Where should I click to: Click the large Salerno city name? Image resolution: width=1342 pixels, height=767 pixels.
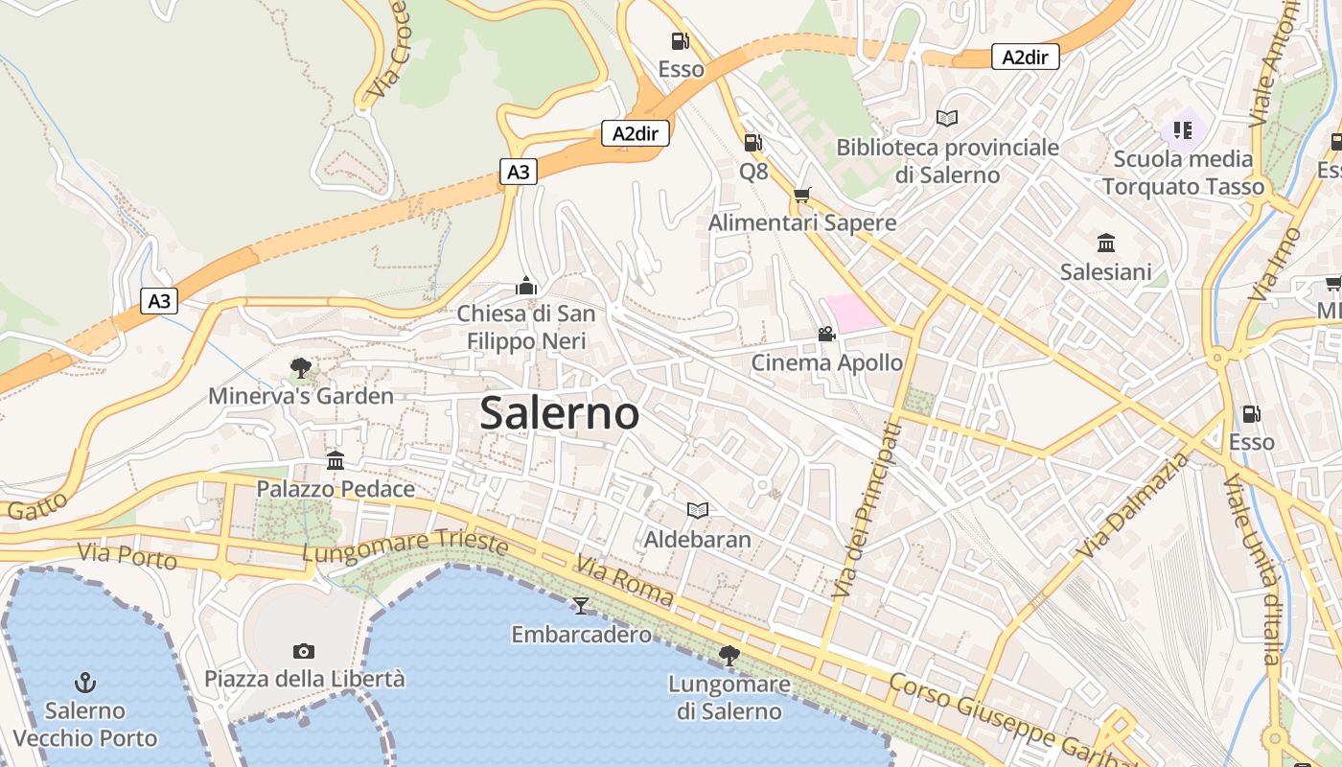click(x=560, y=413)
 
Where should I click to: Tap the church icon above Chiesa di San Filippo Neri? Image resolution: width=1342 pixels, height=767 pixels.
click(x=525, y=286)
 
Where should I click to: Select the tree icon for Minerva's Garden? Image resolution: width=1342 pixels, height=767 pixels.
click(x=300, y=367)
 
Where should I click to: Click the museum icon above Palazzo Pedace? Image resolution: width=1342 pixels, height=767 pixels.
click(x=335, y=460)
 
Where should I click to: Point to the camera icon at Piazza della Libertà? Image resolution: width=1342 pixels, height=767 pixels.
click(x=304, y=651)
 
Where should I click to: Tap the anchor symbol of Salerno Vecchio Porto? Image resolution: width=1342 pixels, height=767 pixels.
click(x=86, y=683)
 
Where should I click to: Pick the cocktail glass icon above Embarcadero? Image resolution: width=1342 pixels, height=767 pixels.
click(x=581, y=605)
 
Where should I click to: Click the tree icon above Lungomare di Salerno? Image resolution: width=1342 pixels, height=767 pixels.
click(x=729, y=656)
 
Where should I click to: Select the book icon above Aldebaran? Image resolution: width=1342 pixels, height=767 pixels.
click(x=698, y=510)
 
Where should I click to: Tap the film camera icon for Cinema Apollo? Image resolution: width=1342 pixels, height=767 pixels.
click(x=826, y=334)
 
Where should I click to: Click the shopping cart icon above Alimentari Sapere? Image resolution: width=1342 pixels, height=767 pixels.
click(x=802, y=195)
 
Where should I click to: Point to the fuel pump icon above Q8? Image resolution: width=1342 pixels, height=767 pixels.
click(x=753, y=143)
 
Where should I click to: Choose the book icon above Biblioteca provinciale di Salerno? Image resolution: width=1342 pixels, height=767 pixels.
click(x=947, y=118)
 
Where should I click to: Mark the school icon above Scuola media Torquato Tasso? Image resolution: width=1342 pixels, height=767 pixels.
click(x=1183, y=129)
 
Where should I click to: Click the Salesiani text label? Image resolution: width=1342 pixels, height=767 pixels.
click(x=1105, y=272)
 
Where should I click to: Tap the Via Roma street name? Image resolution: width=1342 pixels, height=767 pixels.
click(x=625, y=580)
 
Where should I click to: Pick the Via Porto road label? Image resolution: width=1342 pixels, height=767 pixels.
click(x=127, y=555)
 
